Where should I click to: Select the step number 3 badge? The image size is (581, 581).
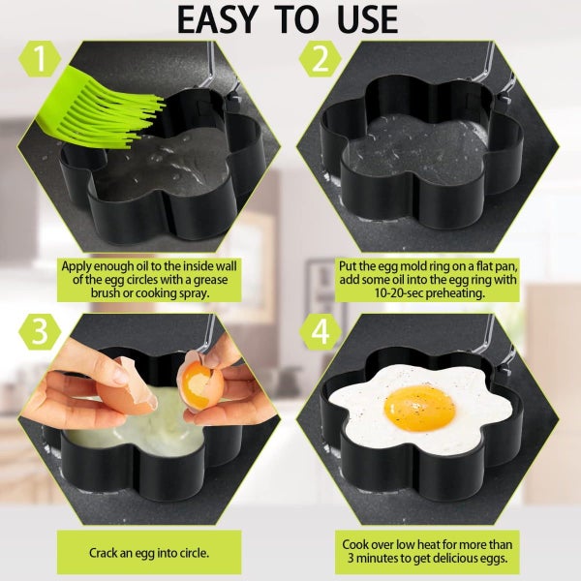[x=38, y=331]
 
